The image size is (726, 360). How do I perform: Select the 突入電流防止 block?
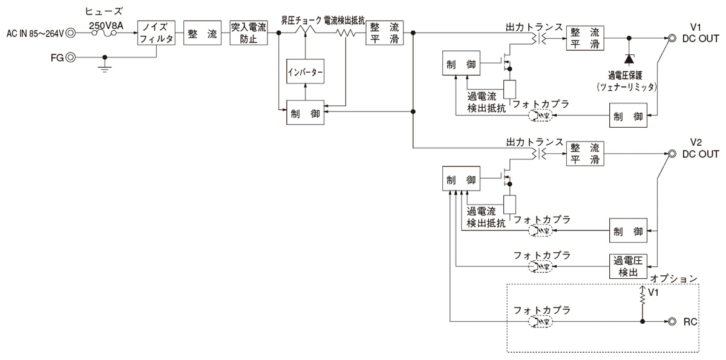(x=248, y=33)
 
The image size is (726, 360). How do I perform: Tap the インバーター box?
(x=306, y=73)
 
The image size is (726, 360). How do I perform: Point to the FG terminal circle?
(x=72, y=57)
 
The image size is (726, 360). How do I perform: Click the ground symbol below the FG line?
(x=105, y=68)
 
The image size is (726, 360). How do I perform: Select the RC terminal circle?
(x=672, y=321)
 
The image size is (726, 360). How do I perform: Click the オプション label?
(x=674, y=280)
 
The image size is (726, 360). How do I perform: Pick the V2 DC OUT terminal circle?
(x=672, y=154)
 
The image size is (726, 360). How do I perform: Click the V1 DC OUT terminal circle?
(x=672, y=39)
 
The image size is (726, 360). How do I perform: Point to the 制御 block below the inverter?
(x=306, y=115)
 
